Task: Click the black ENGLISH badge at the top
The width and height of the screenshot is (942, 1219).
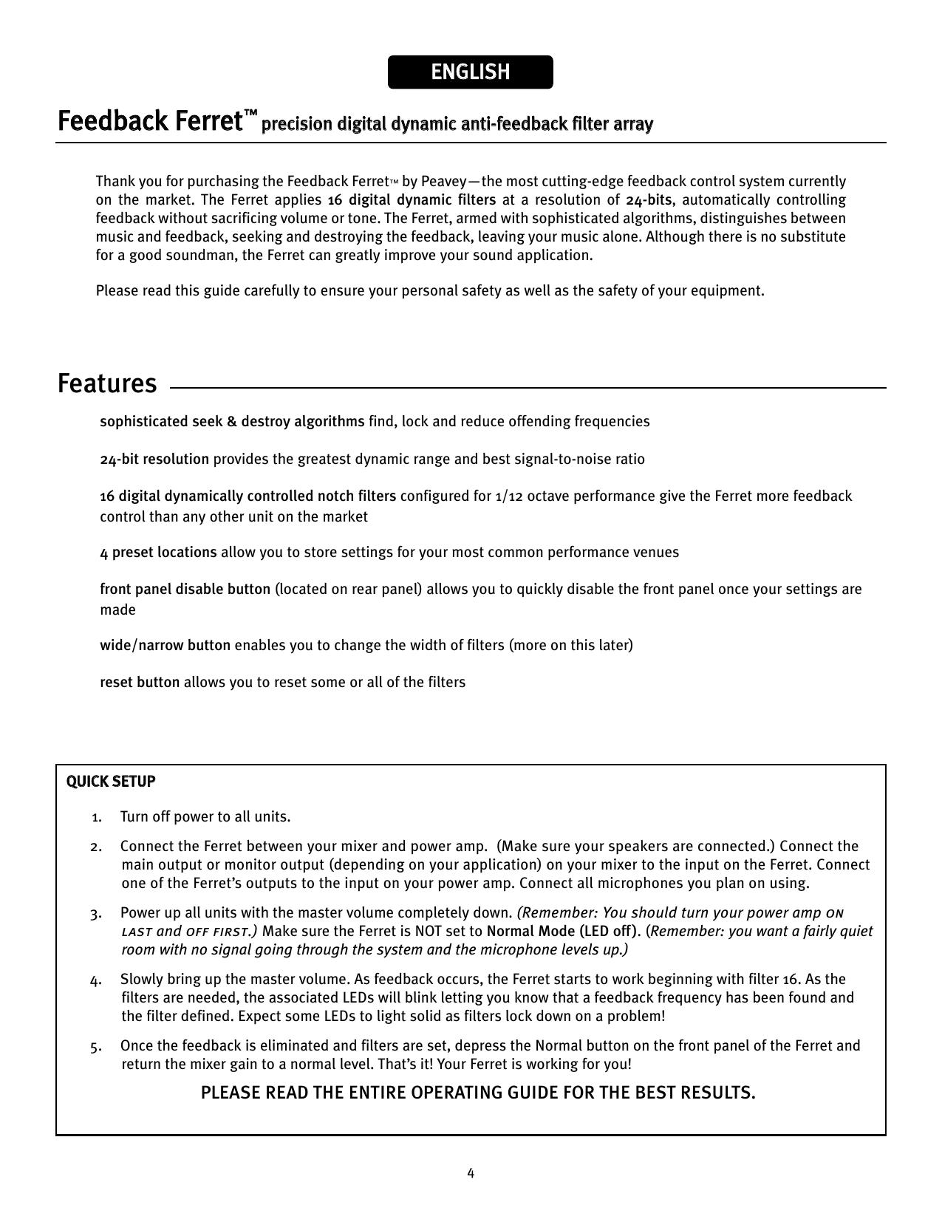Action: [470, 72]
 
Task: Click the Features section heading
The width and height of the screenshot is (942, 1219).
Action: [107, 383]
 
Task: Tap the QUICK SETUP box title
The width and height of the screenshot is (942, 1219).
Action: [111, 782]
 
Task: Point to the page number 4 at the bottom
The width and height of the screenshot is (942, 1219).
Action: [471, 1173]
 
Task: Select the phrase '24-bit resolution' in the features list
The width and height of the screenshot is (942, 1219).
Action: [154, 460]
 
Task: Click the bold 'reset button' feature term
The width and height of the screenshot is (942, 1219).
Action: [140, 682]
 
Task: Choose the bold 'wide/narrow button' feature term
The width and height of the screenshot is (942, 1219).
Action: [165, 646]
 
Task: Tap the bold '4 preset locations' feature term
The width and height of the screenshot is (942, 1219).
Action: [158, 553]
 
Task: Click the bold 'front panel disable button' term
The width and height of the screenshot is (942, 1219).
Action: [185, 590]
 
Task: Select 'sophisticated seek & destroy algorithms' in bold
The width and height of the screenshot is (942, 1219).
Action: [232, 422]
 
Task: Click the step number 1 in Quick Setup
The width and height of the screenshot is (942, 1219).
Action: [96, 817]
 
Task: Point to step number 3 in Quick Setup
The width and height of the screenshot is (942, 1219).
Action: [96, 914]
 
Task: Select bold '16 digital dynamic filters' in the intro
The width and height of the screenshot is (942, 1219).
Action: [412, 200]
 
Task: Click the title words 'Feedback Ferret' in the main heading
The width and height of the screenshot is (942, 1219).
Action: [146, 120]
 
